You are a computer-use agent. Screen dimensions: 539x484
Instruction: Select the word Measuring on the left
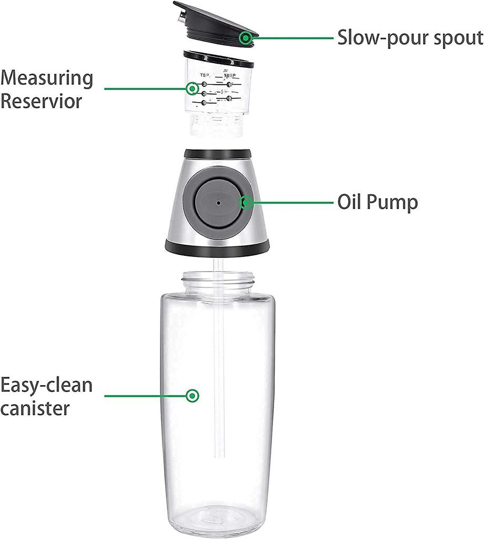(47, 78)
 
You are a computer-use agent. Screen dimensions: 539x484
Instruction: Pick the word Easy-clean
(46, 385)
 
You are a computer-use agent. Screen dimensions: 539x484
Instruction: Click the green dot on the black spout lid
(245, 37)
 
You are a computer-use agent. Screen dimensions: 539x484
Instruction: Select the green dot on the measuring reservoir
(193, 88)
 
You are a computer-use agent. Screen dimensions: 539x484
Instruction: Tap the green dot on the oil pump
(245, 203)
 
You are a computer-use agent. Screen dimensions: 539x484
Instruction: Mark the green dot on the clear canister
(193, 395)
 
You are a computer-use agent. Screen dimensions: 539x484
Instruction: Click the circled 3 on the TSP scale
(204, 84)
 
